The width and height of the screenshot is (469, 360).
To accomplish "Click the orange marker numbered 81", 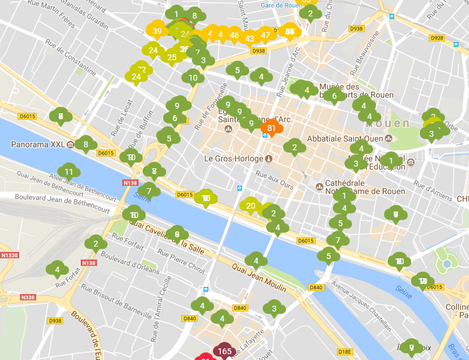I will [x=271, y=129].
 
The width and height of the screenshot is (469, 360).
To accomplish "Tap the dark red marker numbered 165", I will [x=225, y=351].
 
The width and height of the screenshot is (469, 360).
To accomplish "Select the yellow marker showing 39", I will [x=157, y=32].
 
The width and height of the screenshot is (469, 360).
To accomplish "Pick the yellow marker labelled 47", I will [x=265, y=35].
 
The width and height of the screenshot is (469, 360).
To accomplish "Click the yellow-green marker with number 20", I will [x=251, y=205].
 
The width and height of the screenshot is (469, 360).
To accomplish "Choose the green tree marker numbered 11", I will [x=69, y=172].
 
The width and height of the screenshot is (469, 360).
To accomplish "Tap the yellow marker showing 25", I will [x=171, y=57].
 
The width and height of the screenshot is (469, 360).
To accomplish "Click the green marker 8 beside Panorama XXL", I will [x=86, y=144].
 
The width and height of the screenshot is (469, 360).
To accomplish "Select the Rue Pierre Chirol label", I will [x=181, y=261].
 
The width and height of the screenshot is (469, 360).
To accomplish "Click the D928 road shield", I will [x=436, y=38].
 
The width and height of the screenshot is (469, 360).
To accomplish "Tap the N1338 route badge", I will [x=9, y=255].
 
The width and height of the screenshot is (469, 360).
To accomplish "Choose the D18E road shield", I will [x=345, y=351].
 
